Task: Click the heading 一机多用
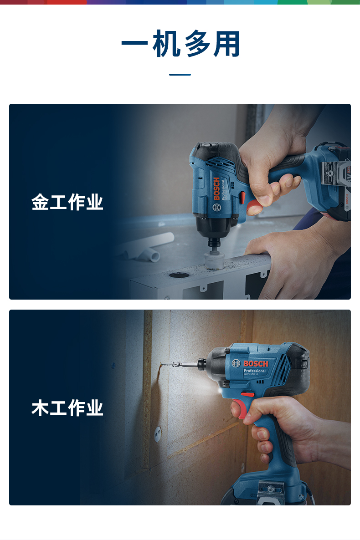(180, 43)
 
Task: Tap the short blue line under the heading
(180, 74)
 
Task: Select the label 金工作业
(67, 202)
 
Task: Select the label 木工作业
(67, 408)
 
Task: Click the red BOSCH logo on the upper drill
(216, 188)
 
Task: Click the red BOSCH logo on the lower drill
(256, 364)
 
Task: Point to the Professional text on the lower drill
(254, 371)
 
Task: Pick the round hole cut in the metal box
(179, 275)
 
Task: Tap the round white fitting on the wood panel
(158, 434)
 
